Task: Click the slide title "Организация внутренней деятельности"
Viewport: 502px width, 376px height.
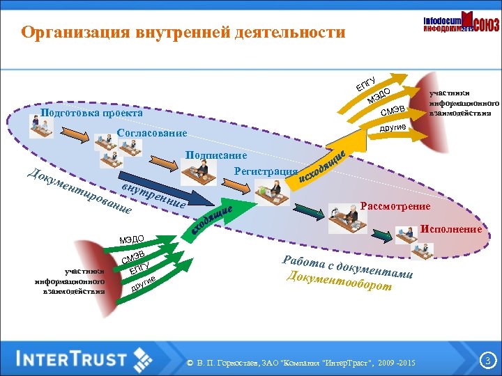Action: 183,33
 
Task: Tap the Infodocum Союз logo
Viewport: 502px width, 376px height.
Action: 461,26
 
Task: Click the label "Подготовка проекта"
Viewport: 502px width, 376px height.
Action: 91,113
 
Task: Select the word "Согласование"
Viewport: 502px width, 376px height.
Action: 152,133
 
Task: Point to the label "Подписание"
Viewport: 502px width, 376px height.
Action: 216,155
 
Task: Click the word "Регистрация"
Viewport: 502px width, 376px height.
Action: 266,171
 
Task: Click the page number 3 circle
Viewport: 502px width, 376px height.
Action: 487,360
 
